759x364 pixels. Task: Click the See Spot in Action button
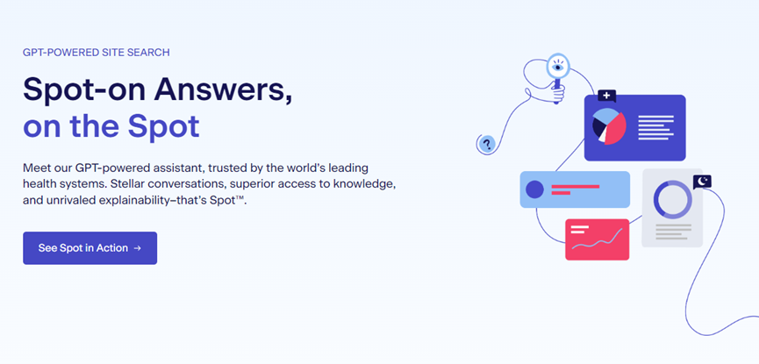[x=90, y=248]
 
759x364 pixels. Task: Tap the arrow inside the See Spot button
[x=138, y=248]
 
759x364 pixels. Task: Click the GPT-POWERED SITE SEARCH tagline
[x=97, y=53]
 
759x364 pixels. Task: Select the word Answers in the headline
[x=223, y=89]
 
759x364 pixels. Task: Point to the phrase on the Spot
[x=111, y=125]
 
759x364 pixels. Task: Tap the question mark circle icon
[x=487, y=143]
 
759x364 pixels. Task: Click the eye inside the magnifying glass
[x=558, y=68]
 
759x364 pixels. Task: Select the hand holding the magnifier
[x=558, y=95]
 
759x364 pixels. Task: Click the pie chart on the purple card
[x=609, y=125]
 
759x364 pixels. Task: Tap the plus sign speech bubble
[x=606, y=96]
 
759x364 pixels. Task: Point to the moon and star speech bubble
[x=702, y=182]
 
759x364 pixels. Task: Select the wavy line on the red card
[x=597, y=240]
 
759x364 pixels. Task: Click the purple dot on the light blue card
[x=535, y=189]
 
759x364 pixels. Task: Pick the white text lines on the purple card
[x=655, y=128]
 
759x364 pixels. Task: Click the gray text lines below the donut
[x=673, y=232]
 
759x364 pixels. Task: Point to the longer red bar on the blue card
[x=576, y=186]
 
